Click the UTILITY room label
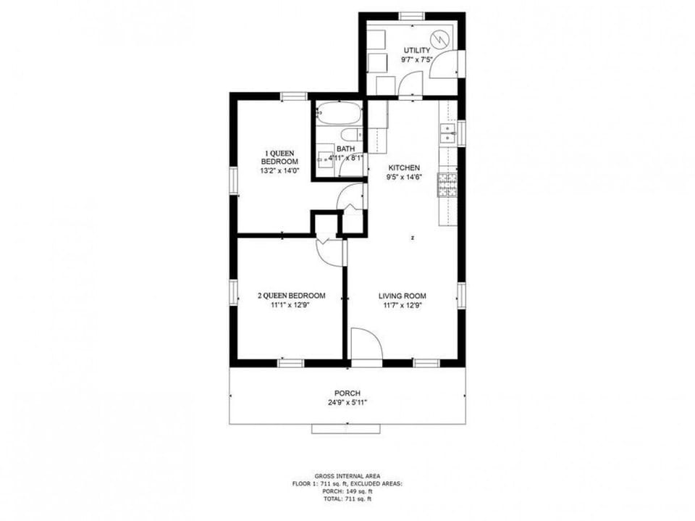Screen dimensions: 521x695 (x=416, y=50)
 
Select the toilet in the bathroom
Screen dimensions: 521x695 (x=351, y=136)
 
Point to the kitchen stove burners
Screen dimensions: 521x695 (x=447, y=185)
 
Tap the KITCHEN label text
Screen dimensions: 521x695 (x=404, y=167)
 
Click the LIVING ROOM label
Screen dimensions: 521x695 (x=402, y=296)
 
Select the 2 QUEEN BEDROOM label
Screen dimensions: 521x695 (x=291, y=296)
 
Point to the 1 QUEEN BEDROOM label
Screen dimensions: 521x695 (x=279, y=157)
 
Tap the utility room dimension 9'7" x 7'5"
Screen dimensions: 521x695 (x=416, y=60)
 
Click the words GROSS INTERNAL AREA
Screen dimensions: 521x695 (x=347, y=475)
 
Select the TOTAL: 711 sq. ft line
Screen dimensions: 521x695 (x=347, y=499)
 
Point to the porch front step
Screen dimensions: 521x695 (x=345, y=429)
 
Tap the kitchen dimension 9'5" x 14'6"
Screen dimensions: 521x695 (x=404, y=177)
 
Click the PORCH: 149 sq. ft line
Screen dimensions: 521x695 (x=347, y=491)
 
